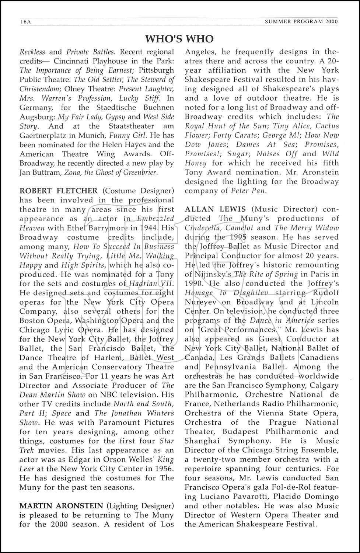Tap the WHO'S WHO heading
pyautogui.click(x=179, y=39)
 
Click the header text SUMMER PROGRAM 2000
pyautogui.click(x=301, y=22)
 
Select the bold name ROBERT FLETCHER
pyautogui.click(x=59, y=191)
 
